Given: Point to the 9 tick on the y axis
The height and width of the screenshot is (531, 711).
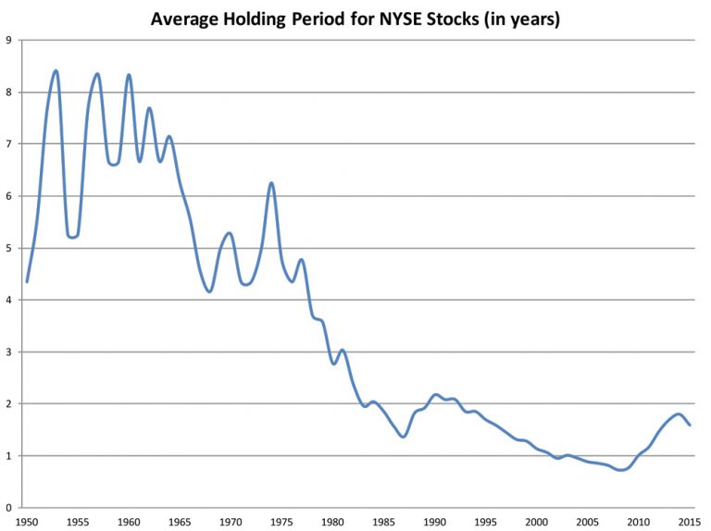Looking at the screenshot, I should (8, 40).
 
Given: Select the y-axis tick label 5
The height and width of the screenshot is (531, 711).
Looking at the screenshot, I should (8, 248).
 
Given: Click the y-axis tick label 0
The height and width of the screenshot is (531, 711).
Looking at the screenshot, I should (8, 508).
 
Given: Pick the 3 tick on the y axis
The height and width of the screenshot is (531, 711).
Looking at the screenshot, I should (8, 352).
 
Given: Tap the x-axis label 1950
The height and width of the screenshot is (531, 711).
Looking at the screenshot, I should (27, 521).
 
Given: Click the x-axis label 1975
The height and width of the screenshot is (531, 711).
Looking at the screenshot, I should (282, 521).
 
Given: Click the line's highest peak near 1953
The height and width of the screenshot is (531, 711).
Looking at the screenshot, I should (56, 70).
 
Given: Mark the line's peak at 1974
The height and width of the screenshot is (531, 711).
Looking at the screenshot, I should (271, 183).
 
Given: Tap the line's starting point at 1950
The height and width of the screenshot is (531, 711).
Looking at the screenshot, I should (27, 281).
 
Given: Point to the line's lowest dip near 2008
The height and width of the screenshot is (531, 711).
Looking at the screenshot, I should (621, 470).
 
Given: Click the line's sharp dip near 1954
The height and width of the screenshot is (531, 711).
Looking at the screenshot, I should (71, 237).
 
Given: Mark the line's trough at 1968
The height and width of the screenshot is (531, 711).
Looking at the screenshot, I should (210, 291).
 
